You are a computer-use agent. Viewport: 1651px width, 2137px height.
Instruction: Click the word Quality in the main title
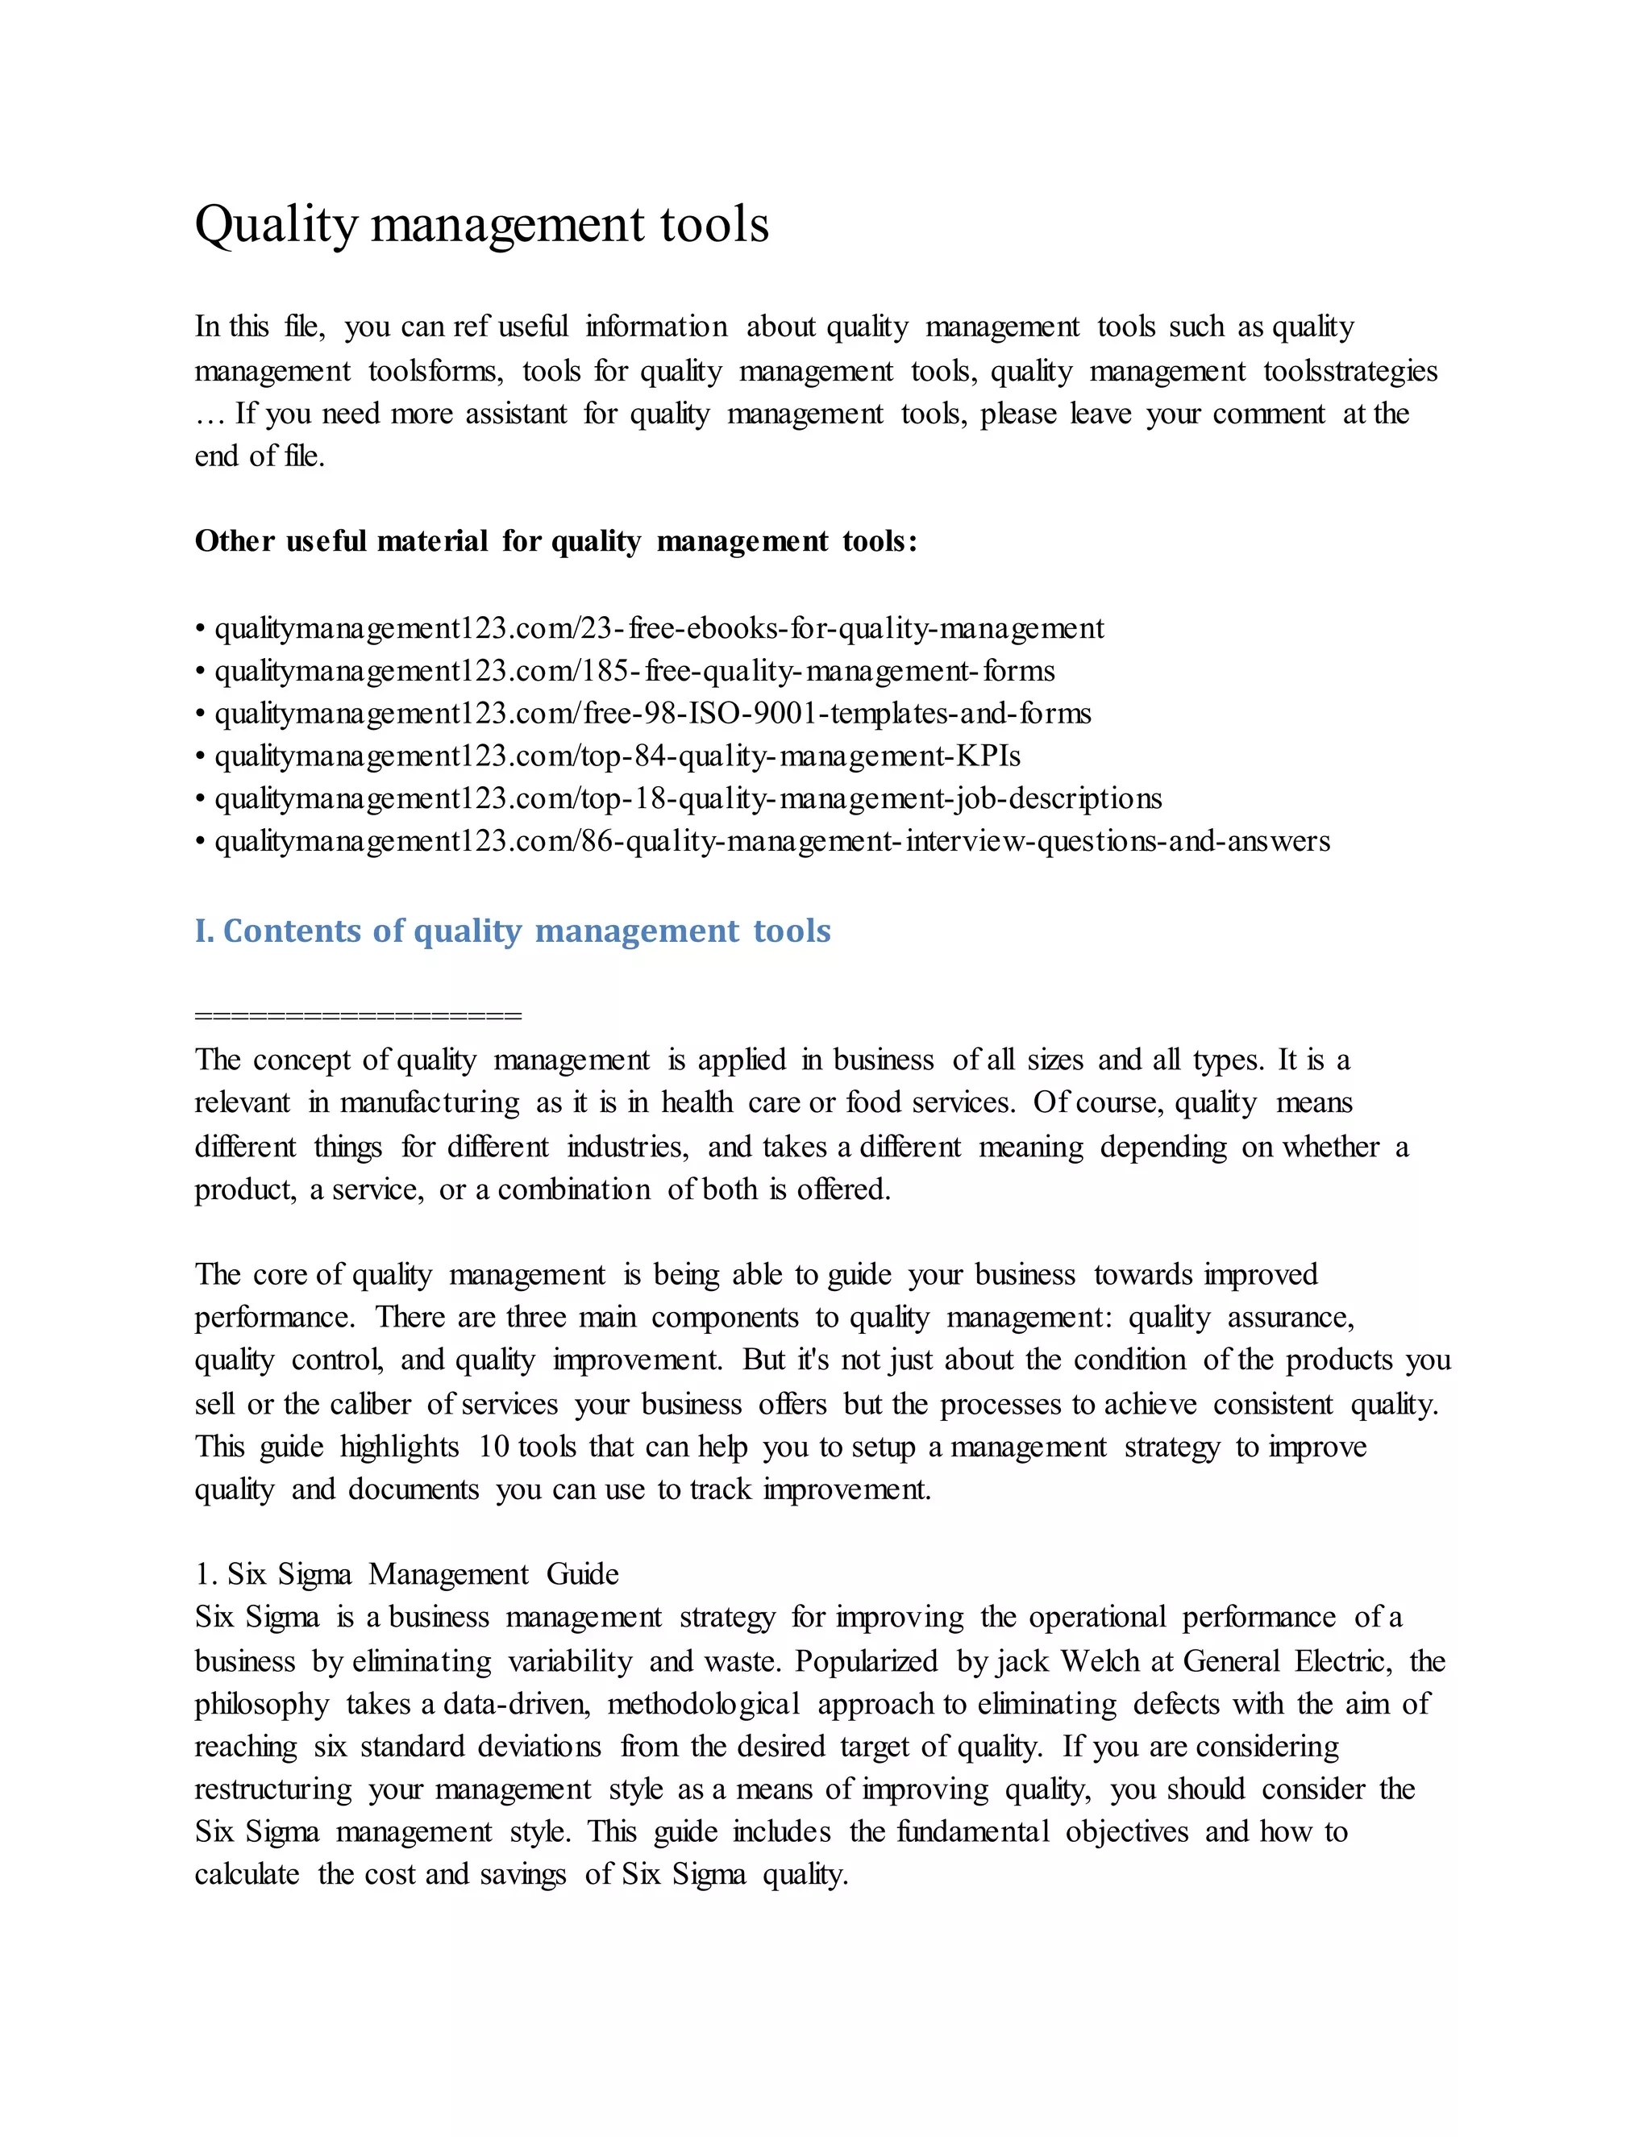(x=277, y=225)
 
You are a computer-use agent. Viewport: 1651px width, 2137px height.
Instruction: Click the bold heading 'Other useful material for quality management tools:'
(x=555, y=541)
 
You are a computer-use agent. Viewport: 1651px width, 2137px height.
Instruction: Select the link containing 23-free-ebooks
(x=659, y=628)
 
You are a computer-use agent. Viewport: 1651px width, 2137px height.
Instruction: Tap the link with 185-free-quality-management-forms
(x=634, y=671)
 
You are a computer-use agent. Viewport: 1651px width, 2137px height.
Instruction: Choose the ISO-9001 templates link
(x=652, y=714)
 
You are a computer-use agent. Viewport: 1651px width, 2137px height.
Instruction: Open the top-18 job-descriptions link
(x=688, y=798)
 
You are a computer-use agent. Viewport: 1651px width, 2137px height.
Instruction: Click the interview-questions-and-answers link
(x=771, y=841)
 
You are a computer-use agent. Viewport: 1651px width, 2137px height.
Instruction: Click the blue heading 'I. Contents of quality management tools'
(x=513, y=931)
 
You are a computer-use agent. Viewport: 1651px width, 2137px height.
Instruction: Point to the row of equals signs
(x=358, y=1015)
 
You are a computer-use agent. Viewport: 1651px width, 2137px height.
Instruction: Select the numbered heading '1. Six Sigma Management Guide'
(x=406, y=1574)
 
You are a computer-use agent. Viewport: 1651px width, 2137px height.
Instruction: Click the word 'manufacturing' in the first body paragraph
(x=430, y=1102)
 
